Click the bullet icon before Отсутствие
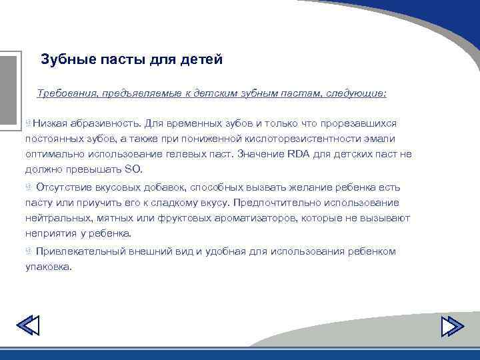point(29,187)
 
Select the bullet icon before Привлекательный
point(29,251)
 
